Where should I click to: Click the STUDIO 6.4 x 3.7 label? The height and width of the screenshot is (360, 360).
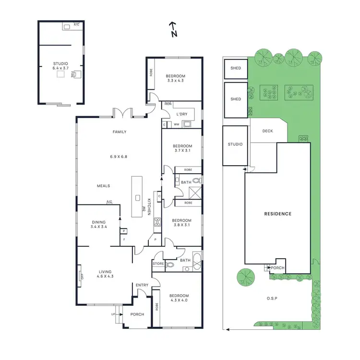(60, 66)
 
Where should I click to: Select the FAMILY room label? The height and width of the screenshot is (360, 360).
(120, 132)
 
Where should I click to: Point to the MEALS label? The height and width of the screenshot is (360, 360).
(104, 186)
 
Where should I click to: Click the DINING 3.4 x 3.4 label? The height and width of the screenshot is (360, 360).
(99, 225)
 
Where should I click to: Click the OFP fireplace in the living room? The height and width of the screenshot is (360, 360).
(82, 276)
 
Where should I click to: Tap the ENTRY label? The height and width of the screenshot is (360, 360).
(142, 286)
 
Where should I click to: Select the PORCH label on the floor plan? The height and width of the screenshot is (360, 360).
(137, 315)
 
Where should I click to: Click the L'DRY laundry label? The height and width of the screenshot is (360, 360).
(182, 114)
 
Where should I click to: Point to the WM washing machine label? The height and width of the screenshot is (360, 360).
(177, 124)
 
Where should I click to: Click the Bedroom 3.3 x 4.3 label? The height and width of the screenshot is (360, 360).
(175, 78)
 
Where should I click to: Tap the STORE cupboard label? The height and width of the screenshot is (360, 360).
(158, 264)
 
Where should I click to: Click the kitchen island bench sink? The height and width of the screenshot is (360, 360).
(137, 197)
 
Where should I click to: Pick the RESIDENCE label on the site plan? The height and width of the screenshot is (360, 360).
(278, 214)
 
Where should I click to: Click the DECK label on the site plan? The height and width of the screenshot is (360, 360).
(267, 131)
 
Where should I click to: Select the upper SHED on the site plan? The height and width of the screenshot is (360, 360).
(236, 68)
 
